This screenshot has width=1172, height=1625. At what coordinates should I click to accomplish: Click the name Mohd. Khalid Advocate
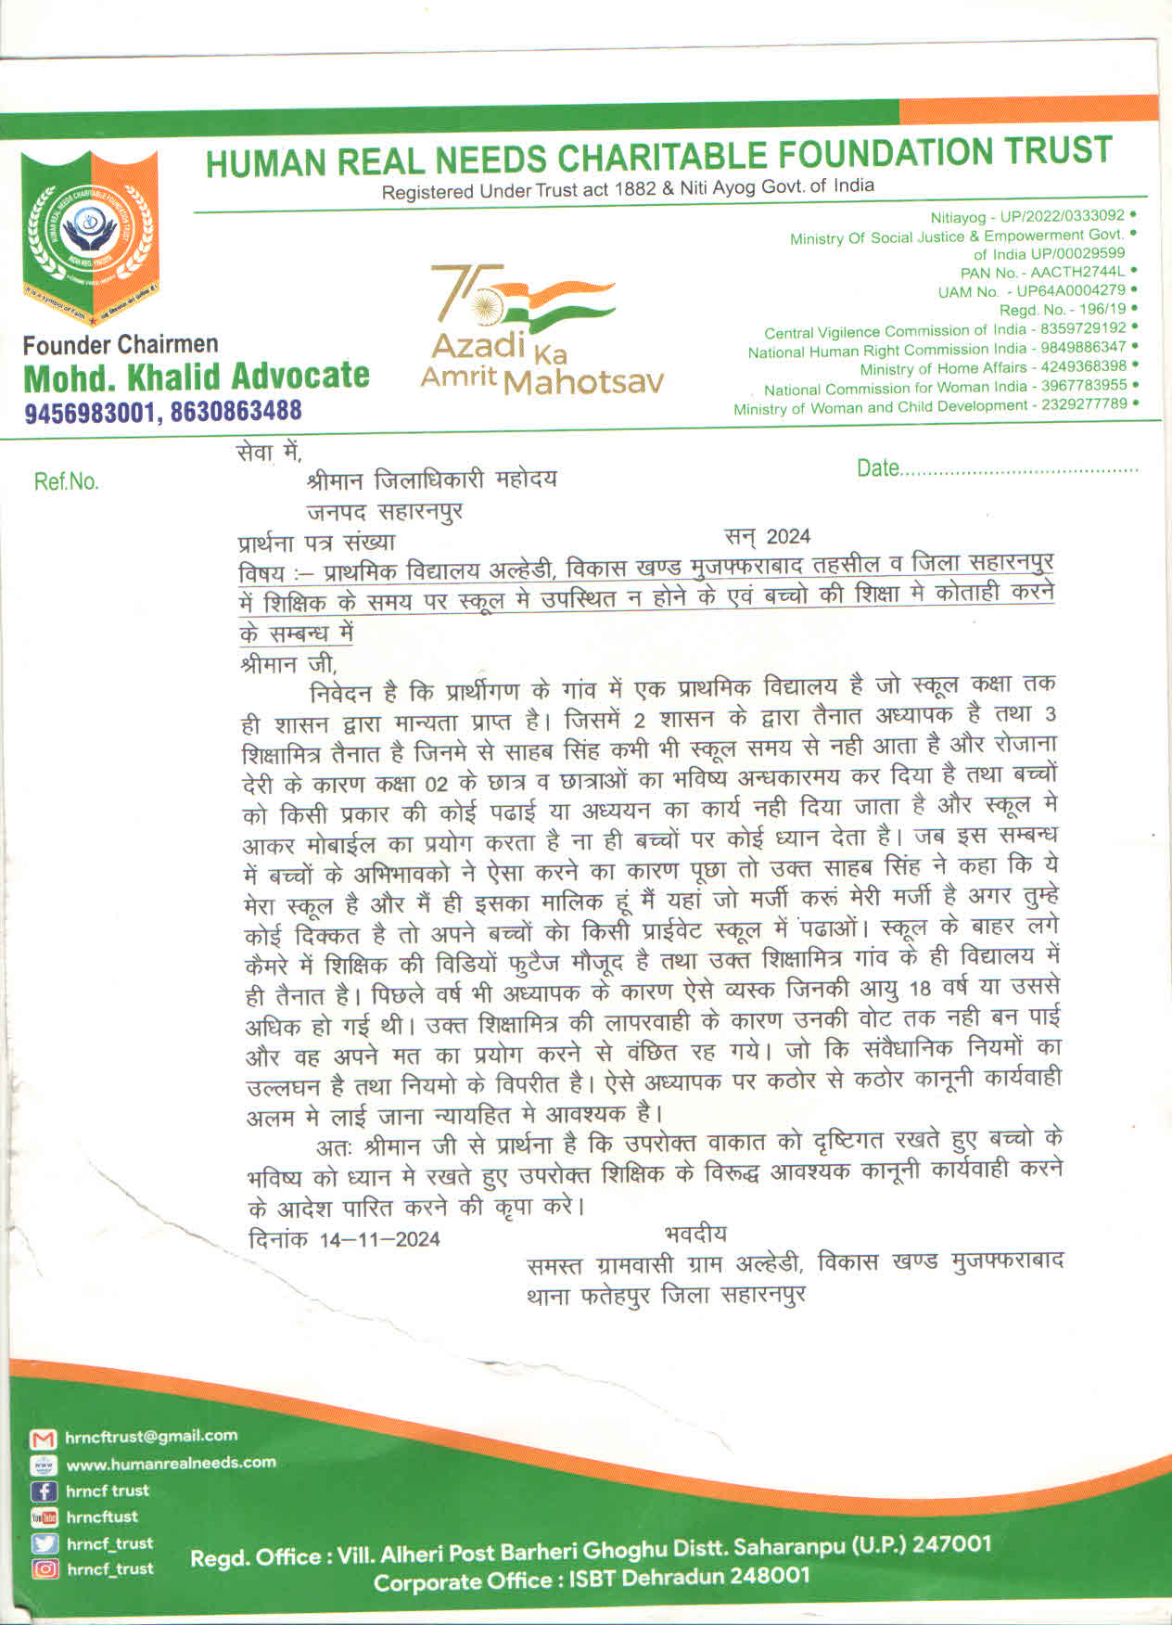click(196, 377)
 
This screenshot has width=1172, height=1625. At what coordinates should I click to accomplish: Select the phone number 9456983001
click(89, 411)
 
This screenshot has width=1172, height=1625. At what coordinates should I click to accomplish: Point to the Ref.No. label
click(66, 481)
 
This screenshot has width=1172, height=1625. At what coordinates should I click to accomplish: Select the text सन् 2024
click(767, 536)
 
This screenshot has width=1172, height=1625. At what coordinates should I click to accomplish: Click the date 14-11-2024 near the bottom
click(379, 1239)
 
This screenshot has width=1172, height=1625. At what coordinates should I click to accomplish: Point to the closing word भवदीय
click(695, 1234)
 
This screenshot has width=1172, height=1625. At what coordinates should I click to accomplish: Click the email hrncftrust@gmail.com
click(151, 1436)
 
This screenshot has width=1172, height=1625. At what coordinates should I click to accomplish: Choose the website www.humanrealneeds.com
click(171, 1463)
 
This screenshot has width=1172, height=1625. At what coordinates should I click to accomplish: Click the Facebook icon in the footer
click(44, 1491)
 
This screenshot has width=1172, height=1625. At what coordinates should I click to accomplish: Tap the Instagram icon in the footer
click(44, 1568)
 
